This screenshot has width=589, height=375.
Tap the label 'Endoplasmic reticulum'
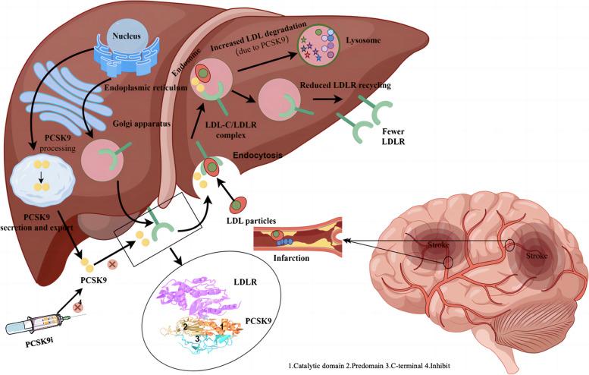(141, 86)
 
